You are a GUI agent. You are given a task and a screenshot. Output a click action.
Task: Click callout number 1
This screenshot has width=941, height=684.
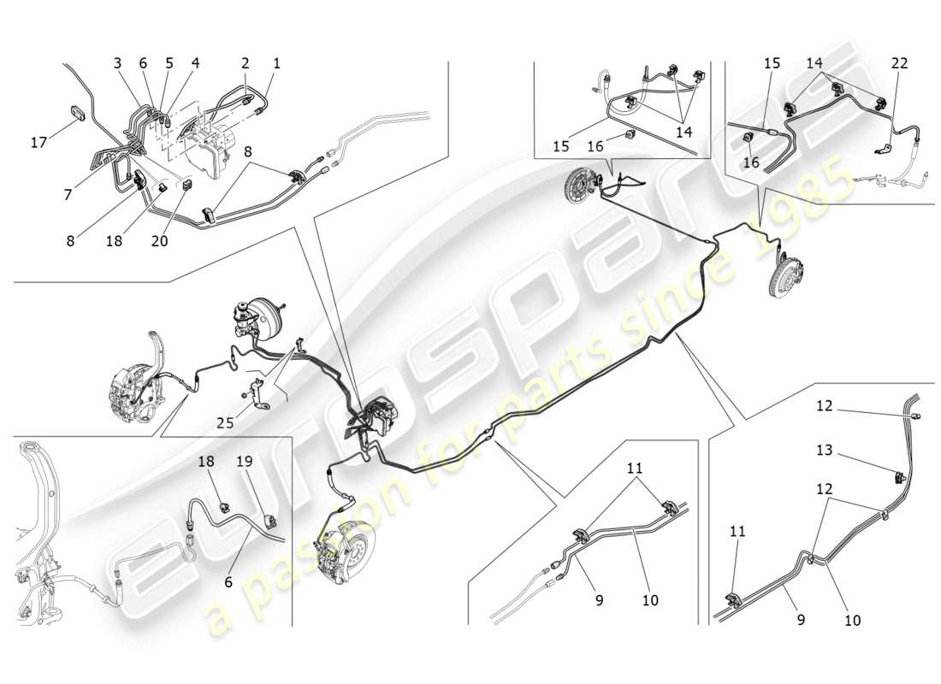point(276,63)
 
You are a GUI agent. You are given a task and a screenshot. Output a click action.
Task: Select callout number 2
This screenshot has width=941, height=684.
point(246,63)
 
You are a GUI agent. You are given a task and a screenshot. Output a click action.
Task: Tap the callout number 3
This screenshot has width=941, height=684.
point(117,63)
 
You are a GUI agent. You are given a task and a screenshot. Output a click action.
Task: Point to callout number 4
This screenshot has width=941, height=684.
point(195,63)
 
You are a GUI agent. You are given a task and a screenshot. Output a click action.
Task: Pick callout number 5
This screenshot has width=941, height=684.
point(169,63)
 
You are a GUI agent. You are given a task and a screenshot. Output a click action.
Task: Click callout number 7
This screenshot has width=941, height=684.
point(68,196)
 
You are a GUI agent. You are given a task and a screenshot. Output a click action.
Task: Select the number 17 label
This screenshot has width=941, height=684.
point(38,143)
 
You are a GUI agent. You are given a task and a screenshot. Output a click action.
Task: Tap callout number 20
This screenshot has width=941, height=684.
point(159,241)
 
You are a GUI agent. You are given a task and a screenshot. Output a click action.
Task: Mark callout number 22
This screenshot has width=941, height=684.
point(899,63)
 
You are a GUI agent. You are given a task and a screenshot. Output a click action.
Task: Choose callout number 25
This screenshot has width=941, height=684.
point(224,422)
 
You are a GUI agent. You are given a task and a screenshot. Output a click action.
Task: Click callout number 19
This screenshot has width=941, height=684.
point(245,462)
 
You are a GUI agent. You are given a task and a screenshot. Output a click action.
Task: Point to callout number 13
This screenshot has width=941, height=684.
point(824,450)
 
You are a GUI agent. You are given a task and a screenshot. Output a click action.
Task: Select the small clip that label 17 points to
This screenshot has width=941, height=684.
point(77,114)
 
